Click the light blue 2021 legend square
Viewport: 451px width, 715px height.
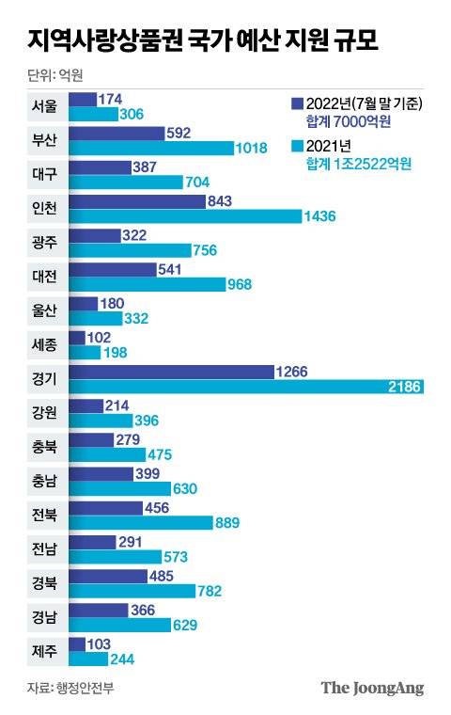(296, 146)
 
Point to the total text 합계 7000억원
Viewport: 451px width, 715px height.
(348, 121)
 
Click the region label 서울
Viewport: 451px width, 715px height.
(44, 105)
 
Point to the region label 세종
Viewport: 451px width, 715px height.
(44, 343)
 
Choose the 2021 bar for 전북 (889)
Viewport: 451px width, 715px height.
(154, 522)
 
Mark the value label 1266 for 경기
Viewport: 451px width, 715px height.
(293, 371)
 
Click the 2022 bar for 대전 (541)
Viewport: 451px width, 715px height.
(126, 269)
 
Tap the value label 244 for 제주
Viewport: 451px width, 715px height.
(122, 659)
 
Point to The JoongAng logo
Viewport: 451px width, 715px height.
(372, 688)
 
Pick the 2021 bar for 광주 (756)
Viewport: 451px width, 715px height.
(143, 250)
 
